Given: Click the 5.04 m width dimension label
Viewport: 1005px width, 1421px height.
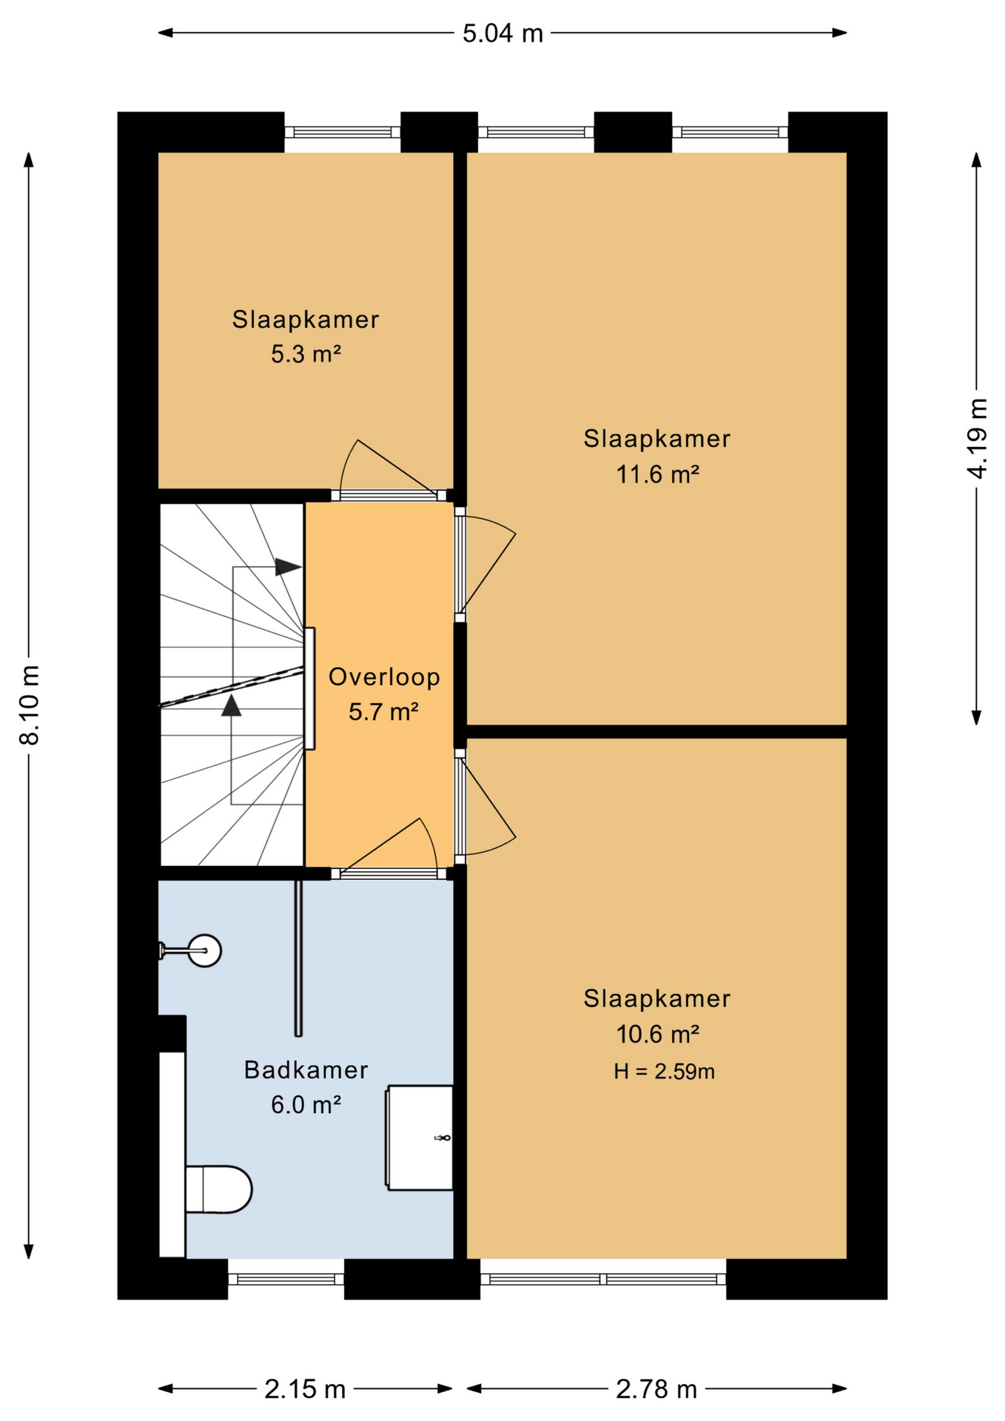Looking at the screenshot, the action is [502, 33].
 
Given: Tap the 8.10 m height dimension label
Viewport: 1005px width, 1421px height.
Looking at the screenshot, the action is [30, 705].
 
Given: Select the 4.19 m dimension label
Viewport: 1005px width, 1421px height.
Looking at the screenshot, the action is [977, 439].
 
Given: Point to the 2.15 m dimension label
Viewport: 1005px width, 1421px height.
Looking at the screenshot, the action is [305, 1389].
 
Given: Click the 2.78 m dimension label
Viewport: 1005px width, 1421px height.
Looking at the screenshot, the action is [656, 1389].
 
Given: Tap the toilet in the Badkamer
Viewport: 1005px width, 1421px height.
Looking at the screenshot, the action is [218, 1189].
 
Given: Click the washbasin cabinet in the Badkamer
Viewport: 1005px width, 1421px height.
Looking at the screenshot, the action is [420, 1138].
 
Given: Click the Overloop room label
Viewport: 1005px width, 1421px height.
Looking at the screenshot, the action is [384, 676].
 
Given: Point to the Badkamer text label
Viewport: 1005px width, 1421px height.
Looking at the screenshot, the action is [306, 1069].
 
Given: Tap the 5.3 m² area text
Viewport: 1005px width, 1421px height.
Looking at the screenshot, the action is [306, 355].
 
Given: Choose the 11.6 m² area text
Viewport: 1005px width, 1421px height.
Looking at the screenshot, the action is [658, 474].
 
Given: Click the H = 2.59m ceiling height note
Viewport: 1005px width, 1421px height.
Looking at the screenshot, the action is [664, 1072].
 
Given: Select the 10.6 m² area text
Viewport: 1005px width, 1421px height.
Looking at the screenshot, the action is [658, 1034].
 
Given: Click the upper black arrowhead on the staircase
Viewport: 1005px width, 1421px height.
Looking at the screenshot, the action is [288, 568].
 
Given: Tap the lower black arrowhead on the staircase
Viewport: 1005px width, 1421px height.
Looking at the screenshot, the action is [232, 705].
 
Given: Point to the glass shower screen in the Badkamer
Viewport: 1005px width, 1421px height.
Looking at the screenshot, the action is [298, 958].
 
